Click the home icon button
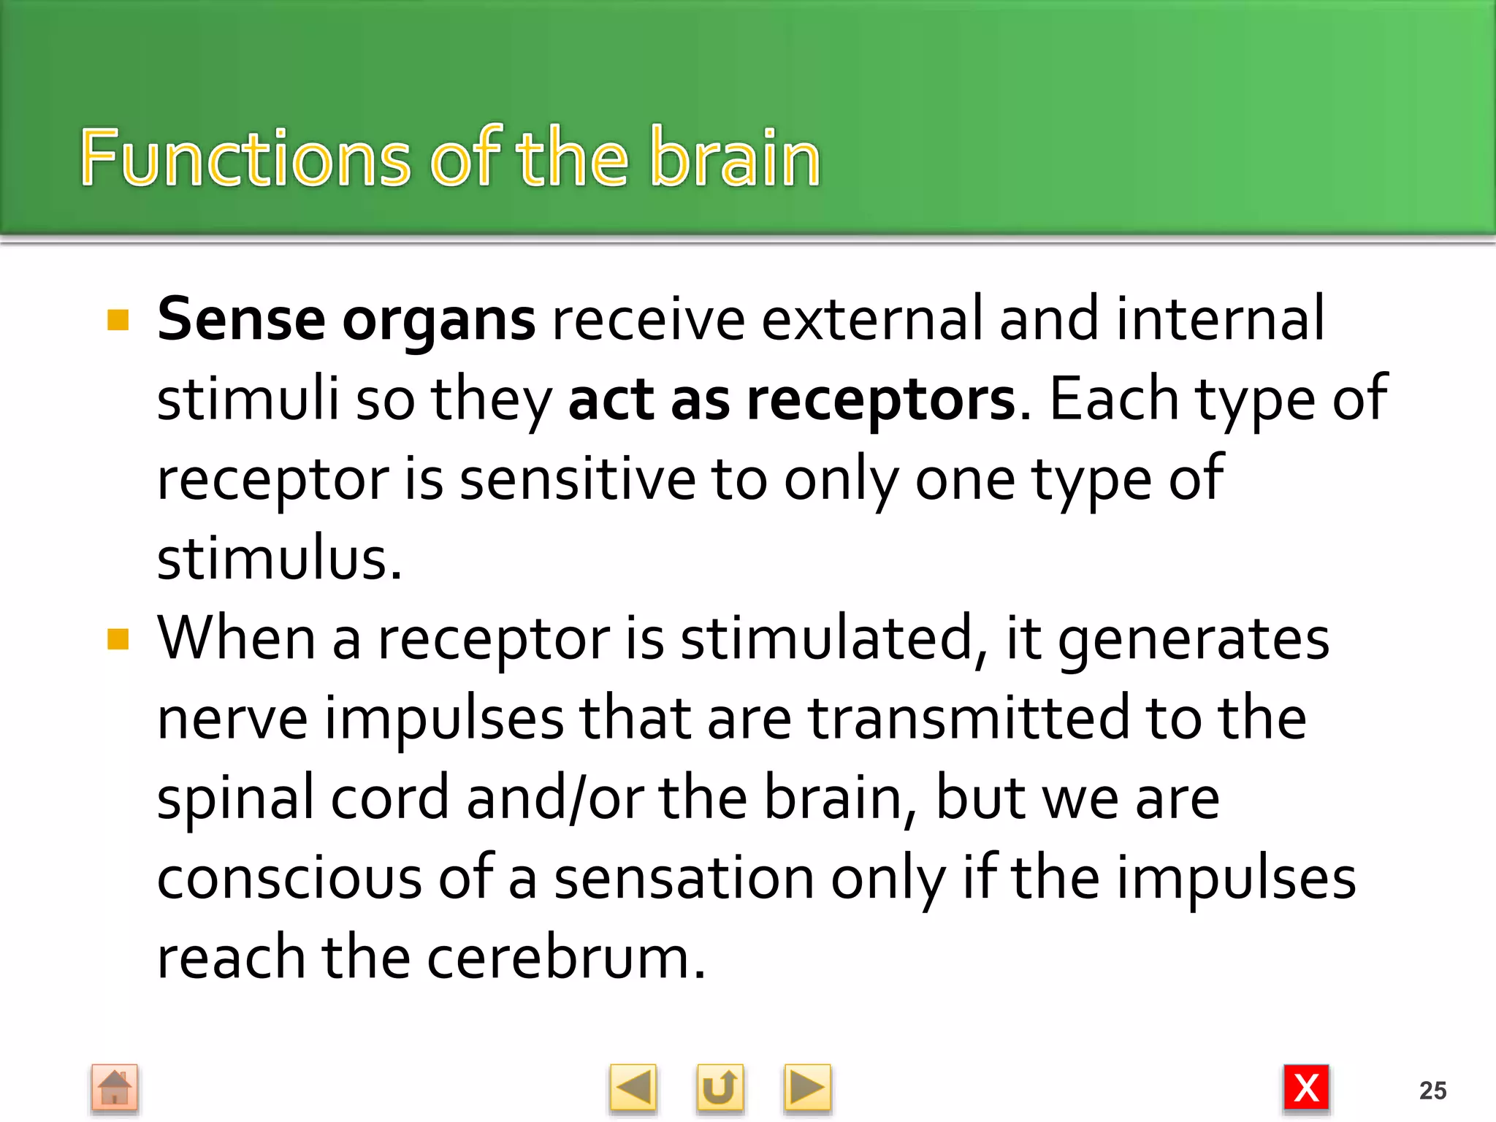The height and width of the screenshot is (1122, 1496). (x=115, y=1087)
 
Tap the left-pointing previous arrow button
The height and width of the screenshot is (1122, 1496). (x=633, y=1088)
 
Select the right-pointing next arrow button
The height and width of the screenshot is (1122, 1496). (x=806, y=1088)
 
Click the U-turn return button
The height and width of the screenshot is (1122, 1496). (x=720, y=1088)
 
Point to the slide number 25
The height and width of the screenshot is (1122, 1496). (x=1432, y=1090)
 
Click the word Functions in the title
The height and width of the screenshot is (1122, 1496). (x=245, y=158)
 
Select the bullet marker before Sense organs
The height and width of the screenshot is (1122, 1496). (x=118, y=320)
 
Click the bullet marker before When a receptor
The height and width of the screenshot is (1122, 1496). (x=118, y=639)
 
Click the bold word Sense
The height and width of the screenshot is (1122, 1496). (x=241, y=320)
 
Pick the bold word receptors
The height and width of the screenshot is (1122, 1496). (x=881, y=400)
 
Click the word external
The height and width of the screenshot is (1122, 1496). (x=871, y=320)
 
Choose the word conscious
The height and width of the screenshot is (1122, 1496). (x=289, y=878)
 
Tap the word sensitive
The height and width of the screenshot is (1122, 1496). (x=577, y=480)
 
